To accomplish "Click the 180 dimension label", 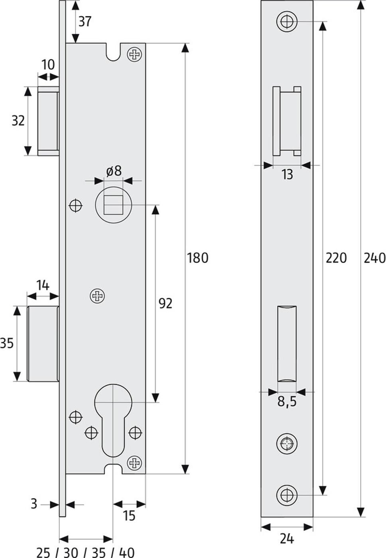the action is (197, 258).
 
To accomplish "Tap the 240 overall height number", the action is (375, 258).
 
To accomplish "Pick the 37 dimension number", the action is (85, 22).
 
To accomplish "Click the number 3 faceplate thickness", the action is (34, 504).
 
